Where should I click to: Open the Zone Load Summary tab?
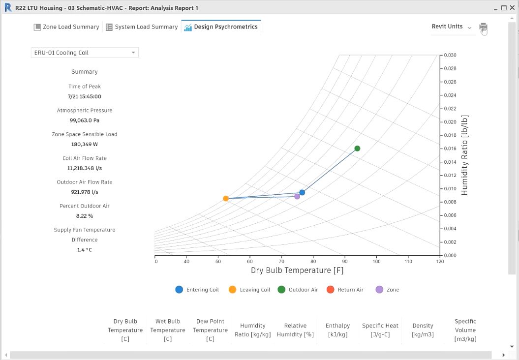tap(66, 27)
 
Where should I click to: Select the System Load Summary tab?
tap(142, 27)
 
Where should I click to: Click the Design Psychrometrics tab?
tap(221, 27)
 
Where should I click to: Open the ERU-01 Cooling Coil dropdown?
tap(85, 53)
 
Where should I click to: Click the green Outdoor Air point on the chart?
tap(357, 149)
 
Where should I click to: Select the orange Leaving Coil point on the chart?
tap(226, 199)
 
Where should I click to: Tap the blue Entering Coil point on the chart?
tap(302, 193)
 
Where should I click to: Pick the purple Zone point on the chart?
tap(297, 197)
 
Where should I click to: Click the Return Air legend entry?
tap(345, 290)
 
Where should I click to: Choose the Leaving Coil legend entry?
tap(249, 290)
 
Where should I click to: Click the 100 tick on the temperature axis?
tap(376, 262)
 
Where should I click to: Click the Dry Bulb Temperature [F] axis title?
tap(297, 270)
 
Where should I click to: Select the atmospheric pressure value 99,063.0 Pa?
tap(85, 120)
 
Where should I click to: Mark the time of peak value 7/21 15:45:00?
tap(85, 96)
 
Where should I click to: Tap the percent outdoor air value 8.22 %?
tap(85, 216)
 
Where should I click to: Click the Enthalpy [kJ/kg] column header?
tap(337, 330)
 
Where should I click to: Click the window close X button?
tap(512, 7)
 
